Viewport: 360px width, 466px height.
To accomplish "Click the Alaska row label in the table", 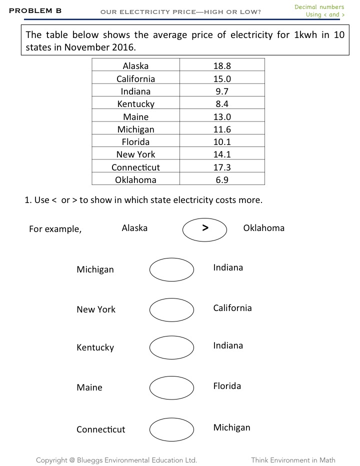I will [x=135, y=66].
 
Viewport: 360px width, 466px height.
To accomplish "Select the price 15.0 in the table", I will [x=221, y=78].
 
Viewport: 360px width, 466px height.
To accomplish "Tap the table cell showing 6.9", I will [x=221, y=179].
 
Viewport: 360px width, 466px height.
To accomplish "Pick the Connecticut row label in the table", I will [x=135, y=167].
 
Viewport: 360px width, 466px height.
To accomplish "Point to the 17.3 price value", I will [x=221, y=167].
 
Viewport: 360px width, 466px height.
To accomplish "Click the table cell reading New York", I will [x=135, y=154].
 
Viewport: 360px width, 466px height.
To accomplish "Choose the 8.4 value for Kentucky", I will [x=221, y=104].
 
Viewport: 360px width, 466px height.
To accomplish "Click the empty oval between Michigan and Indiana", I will [x=171, y=269].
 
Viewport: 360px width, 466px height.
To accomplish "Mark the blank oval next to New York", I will [x=171, y=309].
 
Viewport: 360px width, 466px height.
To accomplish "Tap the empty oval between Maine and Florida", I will [x=171, y=387].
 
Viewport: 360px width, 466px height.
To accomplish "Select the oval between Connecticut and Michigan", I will [x=171, y=429].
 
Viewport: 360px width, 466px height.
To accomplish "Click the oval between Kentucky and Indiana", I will [x=171, y=347].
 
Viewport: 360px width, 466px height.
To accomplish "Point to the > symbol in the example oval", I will [x=205, y=228].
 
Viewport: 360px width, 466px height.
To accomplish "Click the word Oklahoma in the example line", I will [x=263, y=228].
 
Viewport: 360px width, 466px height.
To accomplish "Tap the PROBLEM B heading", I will [x=35, y=10].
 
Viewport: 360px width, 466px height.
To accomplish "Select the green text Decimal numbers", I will [x=319, y=7].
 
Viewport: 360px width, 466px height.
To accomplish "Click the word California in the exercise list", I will [x=232, y=308].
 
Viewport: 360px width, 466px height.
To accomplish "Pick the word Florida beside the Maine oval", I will [x=227, y=386].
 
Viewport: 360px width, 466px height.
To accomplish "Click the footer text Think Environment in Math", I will [x=293, y=460].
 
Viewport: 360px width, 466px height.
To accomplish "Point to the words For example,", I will [x=55, y=229].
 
